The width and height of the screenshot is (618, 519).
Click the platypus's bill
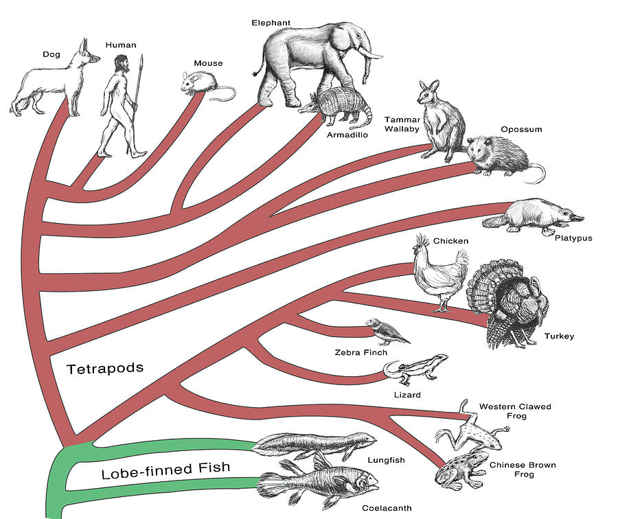click(575, 218)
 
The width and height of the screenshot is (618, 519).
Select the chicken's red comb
click(422, 241)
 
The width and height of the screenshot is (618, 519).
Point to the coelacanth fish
click(319, 483)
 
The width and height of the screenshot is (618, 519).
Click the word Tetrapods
click(105, 369)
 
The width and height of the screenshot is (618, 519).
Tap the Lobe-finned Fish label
click(165, 473)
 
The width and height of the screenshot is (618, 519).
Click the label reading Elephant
click(271, 23)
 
